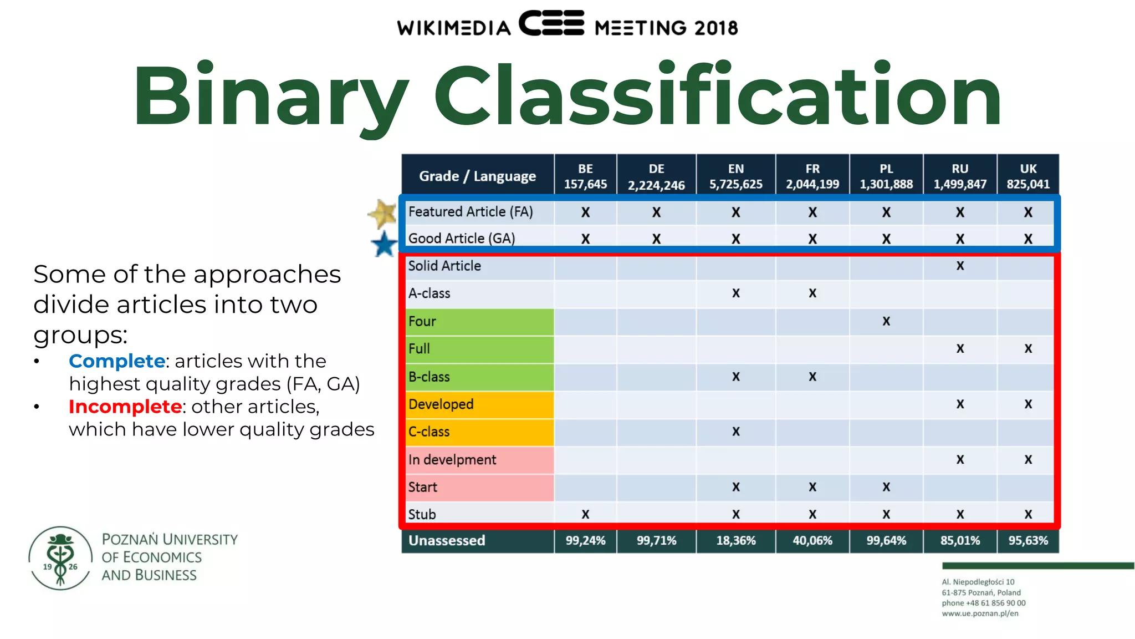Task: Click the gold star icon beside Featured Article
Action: pyautogui.click(x=382, y=214)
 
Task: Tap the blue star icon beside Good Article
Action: pyautogui.click(x=384, y=245)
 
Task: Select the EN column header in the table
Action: pyautogui.click(x=735, y=176)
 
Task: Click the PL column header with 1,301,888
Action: pyautogui.click(x=886, y=176)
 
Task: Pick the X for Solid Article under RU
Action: pyautogui.click(x=960, y=266)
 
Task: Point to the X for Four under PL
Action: pyautogui.click(x=886, y=321)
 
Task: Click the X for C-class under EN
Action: pyautogui.click(x=735, y=432)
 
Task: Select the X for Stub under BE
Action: pyautogui.click(x=585, y=515)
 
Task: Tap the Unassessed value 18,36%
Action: pyautogui.click(x=735, y=540)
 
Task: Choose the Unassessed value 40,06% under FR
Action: pyautogui.click(x=812, y=540)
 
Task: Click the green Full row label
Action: pyautogui.click(x=479, y=349)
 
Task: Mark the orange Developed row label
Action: pyautogui.click(x=479, y=404)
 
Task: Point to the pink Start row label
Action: pyautogui.click(x=479, y=487)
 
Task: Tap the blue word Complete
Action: pyautogui.click(x=117, y=361)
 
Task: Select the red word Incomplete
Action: pyautogui.click(x=125, y=407)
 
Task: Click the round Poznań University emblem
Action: pyautogui.click(x=60, y=557)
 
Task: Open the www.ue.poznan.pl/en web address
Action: pyautogui.click(x=980, y=613)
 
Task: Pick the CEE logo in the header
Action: pyautogui.click(x=551, y=23)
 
